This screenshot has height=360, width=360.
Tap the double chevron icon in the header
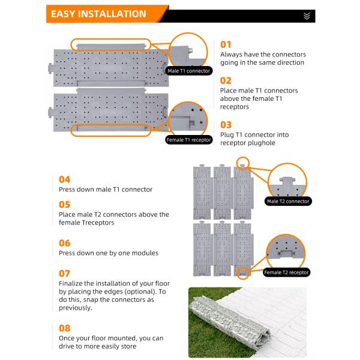pos(307,16)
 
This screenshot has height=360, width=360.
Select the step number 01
pos(226,44)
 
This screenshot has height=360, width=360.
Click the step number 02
pos(226,80)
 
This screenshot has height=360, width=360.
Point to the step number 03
pos(226,124)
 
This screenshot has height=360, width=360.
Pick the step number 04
pos(64,179)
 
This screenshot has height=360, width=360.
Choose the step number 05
pos(64,204)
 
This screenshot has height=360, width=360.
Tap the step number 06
pos(64,243)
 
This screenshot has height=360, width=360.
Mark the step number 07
pos(64,273)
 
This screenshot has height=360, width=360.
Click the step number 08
pos(64,328)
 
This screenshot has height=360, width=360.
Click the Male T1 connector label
pos(190,71)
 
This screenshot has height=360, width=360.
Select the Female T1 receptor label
pos(190,140)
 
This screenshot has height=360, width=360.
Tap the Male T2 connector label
pos(288,201)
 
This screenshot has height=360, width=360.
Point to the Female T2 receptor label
pos(287,272)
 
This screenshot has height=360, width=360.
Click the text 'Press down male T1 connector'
pos(106,190)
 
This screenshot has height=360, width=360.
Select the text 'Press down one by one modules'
pos(109,253)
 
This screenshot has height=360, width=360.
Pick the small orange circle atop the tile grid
pos(242,161)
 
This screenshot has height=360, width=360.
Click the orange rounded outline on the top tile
pos(109,44)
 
